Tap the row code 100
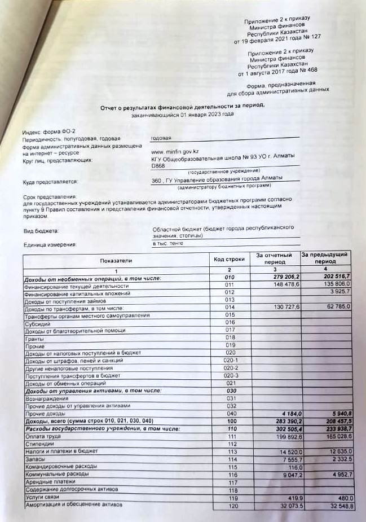229,421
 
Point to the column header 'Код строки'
229,259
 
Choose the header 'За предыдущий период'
325,258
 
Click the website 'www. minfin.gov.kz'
175,152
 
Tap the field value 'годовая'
161,137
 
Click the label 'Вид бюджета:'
40,231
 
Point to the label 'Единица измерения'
49,244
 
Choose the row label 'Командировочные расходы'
60,467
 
